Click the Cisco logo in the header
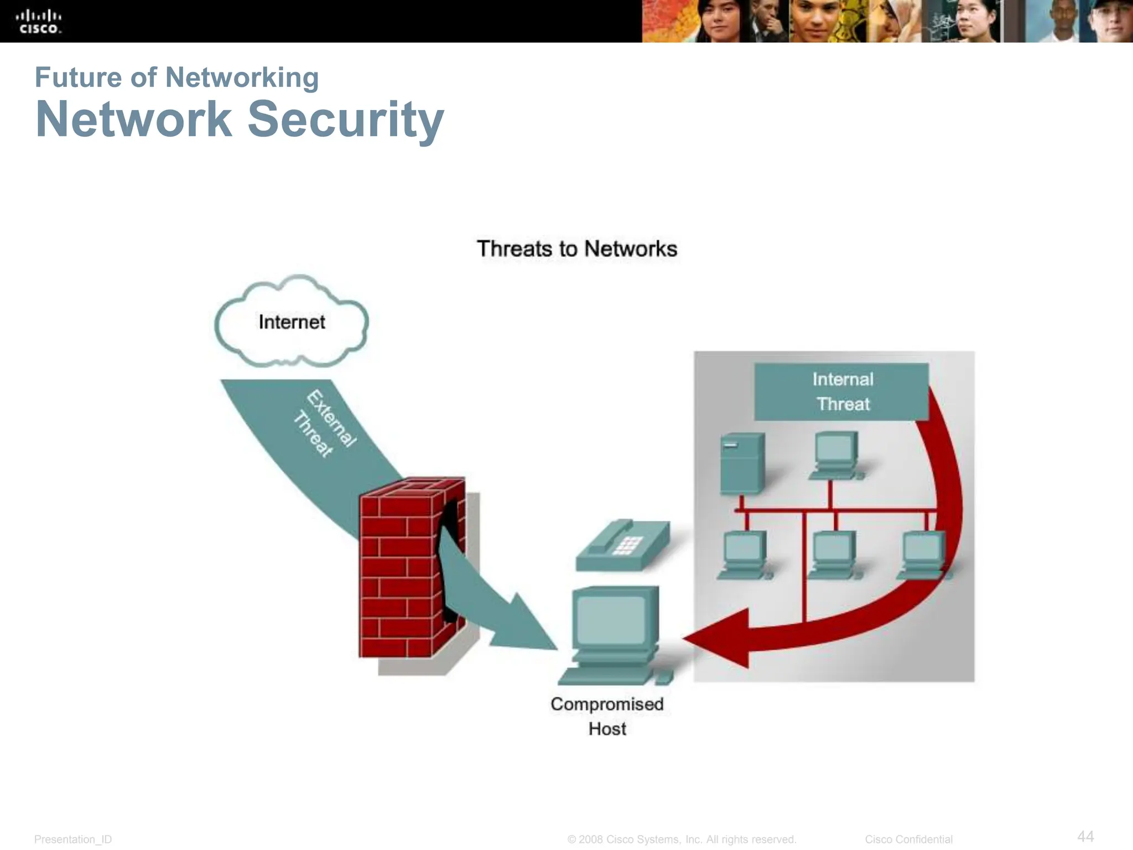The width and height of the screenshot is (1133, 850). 39,22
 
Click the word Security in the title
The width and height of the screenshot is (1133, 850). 345,119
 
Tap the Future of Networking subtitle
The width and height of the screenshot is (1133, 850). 176,77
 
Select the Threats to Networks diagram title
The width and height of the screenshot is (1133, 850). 576,249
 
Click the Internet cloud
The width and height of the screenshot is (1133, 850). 292,322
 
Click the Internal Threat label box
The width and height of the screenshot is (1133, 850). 841,392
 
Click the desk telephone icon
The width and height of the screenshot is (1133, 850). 622,545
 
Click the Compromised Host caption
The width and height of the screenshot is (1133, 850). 607,716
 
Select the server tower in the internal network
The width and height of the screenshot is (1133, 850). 742,463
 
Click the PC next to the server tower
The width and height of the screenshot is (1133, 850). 835,455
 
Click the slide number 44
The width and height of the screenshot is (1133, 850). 1085,836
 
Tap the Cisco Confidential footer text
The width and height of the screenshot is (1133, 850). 908,839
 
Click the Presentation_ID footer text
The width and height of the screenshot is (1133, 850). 73,839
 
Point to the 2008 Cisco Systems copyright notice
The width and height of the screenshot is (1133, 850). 682,839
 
